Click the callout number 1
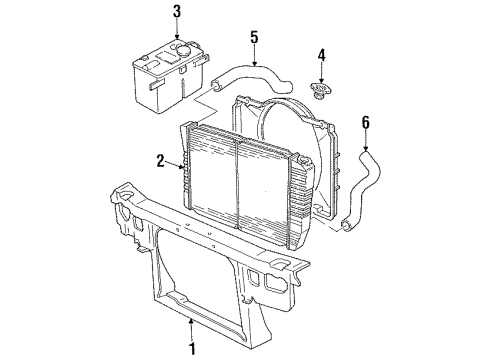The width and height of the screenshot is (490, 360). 192,348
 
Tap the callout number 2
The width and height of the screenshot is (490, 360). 161,161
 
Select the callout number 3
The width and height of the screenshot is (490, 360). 177,12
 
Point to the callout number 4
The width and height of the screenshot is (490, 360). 321,55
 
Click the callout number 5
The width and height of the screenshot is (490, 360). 254,37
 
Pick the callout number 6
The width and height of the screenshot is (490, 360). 366,123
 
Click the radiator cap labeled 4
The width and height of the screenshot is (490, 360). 320,91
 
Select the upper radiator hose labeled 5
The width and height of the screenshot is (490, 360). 252,79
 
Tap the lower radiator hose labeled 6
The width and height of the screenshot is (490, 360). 361,191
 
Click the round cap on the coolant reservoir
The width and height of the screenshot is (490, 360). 182,51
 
